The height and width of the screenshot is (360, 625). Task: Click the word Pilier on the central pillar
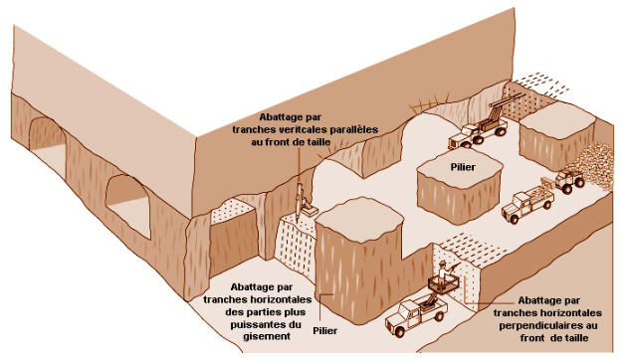point(463,167)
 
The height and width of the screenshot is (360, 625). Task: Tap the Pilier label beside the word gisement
point(324,330)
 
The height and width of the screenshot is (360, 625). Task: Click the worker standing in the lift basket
point(443,272)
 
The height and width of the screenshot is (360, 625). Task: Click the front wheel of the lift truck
point(399,331)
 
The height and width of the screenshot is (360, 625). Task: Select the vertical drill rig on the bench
point(302,202)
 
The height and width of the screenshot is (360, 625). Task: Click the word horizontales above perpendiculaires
point(547,312)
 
